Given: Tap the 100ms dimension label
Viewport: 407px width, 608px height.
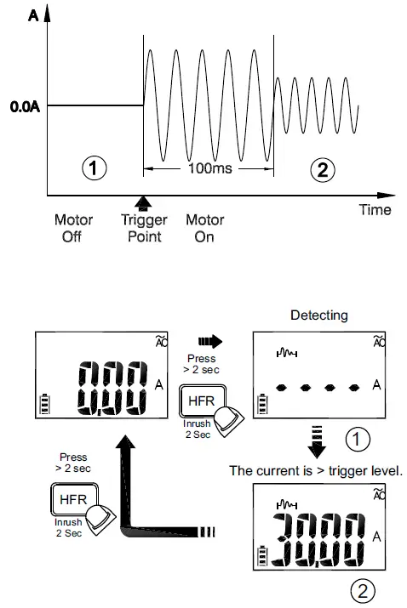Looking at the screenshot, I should [209, 168].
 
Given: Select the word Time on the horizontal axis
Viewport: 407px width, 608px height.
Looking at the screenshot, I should [375, 210].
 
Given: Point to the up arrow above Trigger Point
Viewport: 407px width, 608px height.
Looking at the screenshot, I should [143, 202].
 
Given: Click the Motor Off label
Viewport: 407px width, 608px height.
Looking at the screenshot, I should [73, 228].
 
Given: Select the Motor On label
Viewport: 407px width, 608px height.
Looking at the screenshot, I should [204, 228].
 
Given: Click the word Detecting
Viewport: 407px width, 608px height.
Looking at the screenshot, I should [318, 315].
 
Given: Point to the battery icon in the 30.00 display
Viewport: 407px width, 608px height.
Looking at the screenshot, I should [261, 559].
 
